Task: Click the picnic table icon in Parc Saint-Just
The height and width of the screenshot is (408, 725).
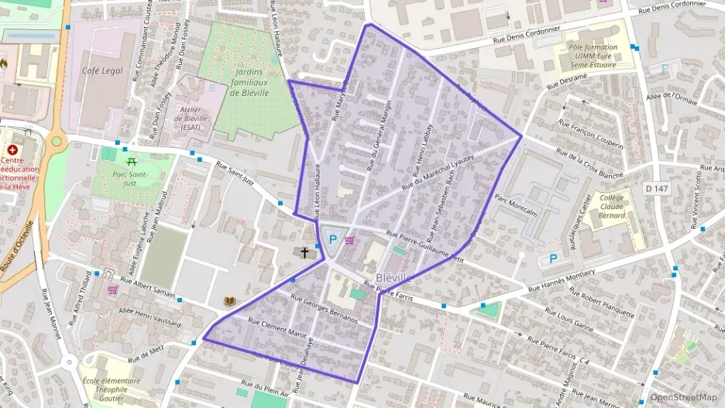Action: pos(131,161)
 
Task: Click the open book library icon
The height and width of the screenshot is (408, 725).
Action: pos(229,301)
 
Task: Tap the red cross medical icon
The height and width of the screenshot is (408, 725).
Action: pos(12,149)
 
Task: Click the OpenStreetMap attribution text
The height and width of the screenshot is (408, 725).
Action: pos(684,397)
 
